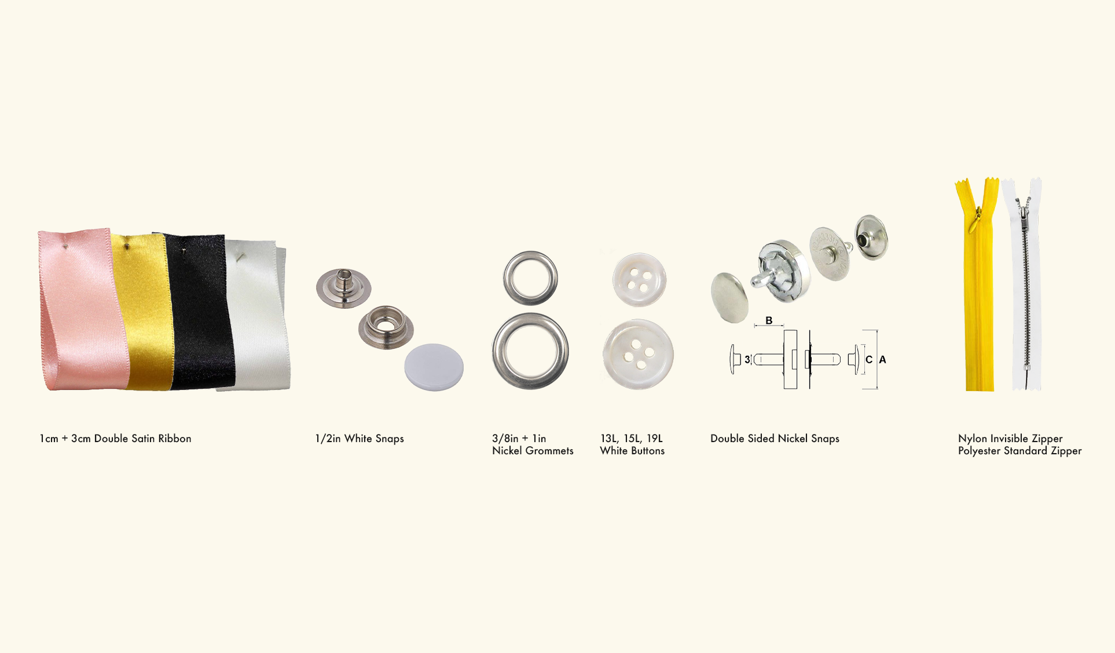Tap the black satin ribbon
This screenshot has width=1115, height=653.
(x=200, y=313)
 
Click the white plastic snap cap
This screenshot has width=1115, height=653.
(x=434, y=367)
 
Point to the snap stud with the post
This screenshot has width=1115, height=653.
(x=343, y=288)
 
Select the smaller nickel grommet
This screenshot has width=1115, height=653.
(x=530, y=278)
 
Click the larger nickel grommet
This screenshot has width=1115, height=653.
(x=530, y=351)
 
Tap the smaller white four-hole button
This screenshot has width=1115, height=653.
(x=639, y=280)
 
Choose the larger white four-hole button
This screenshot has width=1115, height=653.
(x=638, y=354)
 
